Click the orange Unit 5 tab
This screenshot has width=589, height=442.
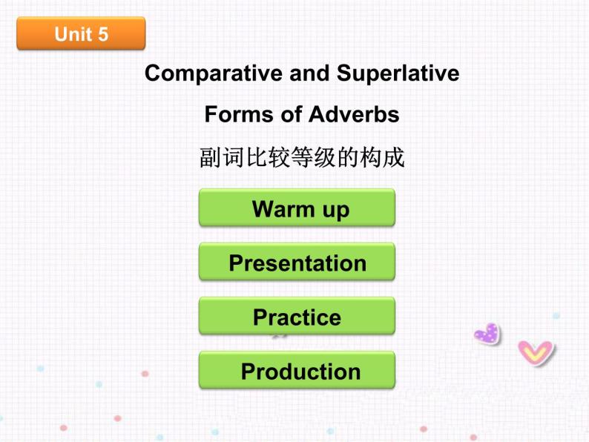pos(81,33)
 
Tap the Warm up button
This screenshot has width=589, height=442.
pos(297,208)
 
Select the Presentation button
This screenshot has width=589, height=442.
pos(297,263)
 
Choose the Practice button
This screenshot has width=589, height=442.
pos(297,317)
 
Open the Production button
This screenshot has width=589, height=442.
pos(297,371)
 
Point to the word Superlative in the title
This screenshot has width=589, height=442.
pos(398,73)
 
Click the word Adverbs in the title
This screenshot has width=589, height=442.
pos(354,114)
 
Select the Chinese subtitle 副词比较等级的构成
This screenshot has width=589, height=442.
pos(302,157)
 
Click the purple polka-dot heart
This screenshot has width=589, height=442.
pos(487,334)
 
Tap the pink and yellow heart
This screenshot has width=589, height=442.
pos(535,352)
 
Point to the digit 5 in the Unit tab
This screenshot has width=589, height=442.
pos(102,34)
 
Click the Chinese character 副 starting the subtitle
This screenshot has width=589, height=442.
pos(210,157)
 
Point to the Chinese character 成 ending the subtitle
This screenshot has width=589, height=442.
pos(394,157)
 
